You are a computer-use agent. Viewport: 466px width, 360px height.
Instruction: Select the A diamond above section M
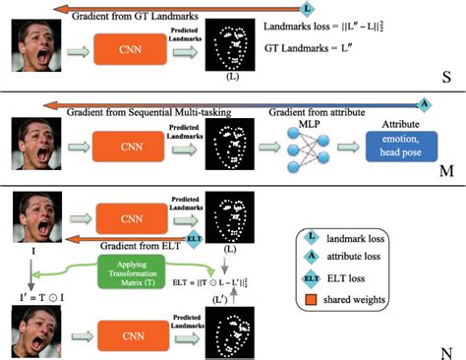click(423, 102)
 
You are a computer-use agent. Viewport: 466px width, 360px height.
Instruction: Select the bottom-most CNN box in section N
click(127, 331)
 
